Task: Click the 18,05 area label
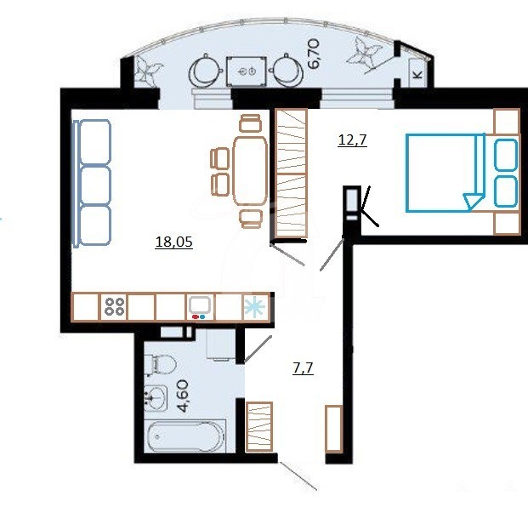click(174, 242)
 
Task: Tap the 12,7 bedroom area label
click(352, 140)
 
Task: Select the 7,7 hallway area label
click(303, 368)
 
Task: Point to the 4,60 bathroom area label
click(184, 396)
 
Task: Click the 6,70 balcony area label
click(313, 54)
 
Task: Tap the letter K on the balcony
click(417, 75)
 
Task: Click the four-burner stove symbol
click(115, 306)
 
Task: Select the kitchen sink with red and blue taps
click(201, 307)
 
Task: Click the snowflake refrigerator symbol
click(254, 307)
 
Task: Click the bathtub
click(186, 436)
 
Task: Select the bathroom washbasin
click(156, 397)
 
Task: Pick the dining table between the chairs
click(250, 170)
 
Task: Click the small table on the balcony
click(247, 71)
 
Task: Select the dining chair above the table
click(250, 123)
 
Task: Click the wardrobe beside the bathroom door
click(259, 426)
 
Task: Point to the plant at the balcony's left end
click(147, 70)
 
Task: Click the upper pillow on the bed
click(506, 154)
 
